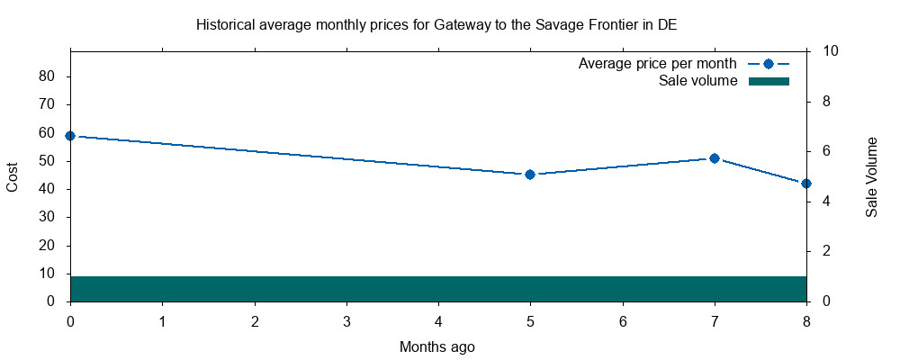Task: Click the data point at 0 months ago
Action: tap(70, 136)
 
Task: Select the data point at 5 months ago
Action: tap(530, 175)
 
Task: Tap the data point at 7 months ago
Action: tap(715, 158)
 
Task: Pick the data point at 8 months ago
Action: tap(806, 184)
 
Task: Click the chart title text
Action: tap(436, 25)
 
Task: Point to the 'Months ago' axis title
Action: tap(437, 346)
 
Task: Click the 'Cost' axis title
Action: tap(13, 176)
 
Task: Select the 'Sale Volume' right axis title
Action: tap(871, 176)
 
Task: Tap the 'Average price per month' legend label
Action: tap(658, 64)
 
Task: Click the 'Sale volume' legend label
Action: tap(698, 81)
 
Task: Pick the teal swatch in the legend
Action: tap(769, 81)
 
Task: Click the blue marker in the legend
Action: tap(769, 64)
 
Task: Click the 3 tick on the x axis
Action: tap(346, 320)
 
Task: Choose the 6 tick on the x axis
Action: tap(623, 320)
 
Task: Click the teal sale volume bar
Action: tap(438, 289)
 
